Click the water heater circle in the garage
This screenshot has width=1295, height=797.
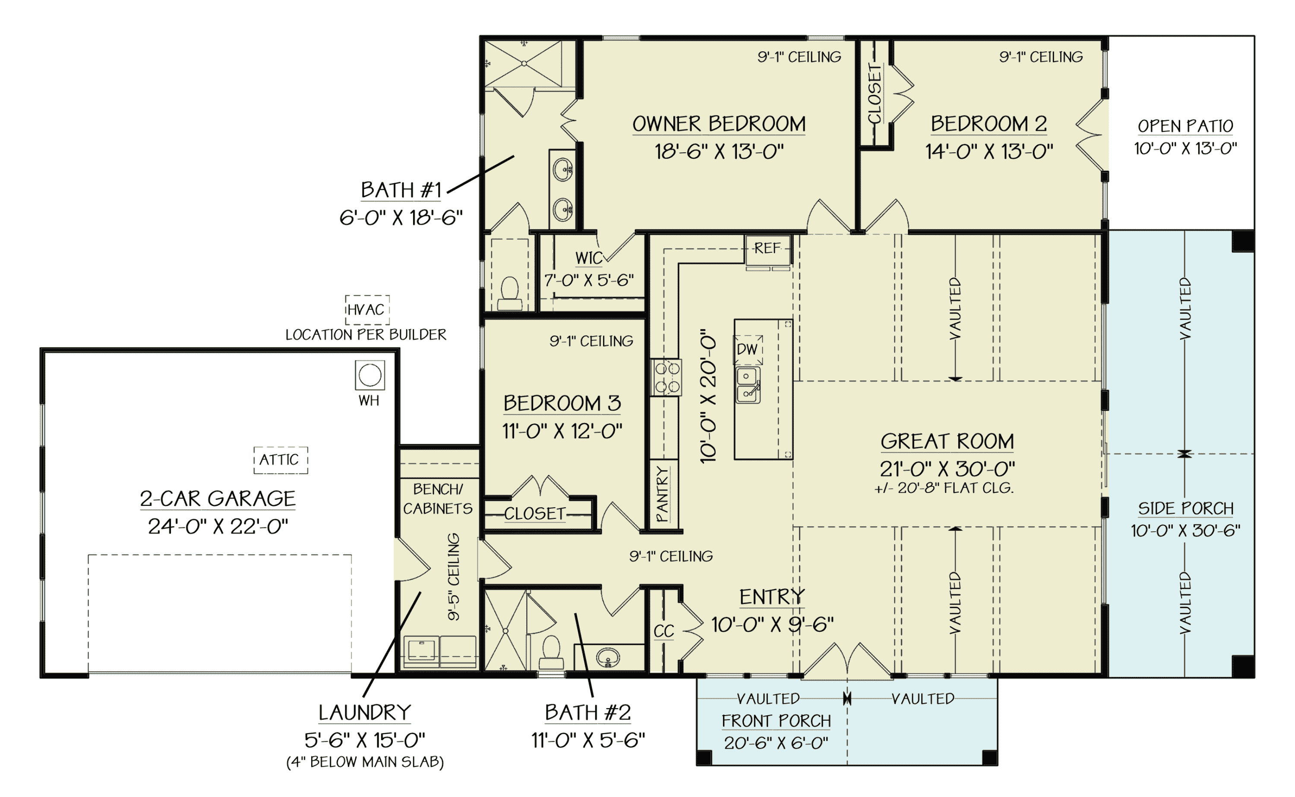370,375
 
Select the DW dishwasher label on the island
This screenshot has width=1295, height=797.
747,349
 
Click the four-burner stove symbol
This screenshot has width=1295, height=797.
666,377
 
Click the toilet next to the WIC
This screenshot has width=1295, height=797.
509,294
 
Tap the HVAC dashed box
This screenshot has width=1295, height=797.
367,310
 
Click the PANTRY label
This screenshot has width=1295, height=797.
663,494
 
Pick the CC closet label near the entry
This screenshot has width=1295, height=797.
663,631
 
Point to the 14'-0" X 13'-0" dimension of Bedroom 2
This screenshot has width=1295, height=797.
989,152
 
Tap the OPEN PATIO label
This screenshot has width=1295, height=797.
1185,126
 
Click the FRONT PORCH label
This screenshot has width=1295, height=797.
776,721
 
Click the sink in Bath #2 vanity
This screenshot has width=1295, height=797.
608,657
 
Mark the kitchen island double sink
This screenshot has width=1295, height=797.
748,385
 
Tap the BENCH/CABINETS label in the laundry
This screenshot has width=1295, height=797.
438,499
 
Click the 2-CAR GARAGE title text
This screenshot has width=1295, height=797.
218,499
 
